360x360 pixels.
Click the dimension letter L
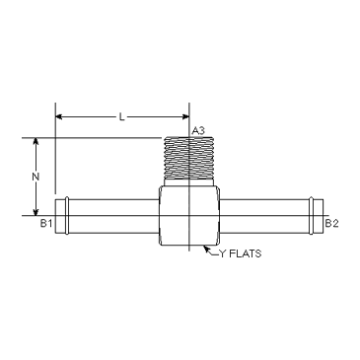tap(122, 117)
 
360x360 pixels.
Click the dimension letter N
tap(36, 177)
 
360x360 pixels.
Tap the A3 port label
tap(198, 131)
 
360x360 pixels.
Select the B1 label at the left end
tap(46, 224)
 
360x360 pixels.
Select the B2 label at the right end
tap(331, 224)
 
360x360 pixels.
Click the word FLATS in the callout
tap(245, 253)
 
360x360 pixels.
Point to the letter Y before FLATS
tap(223, 253)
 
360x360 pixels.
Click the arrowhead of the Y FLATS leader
tap(206, 248)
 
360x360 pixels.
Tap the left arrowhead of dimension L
tap(58, 116)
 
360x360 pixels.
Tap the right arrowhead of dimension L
tap(185, 116)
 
